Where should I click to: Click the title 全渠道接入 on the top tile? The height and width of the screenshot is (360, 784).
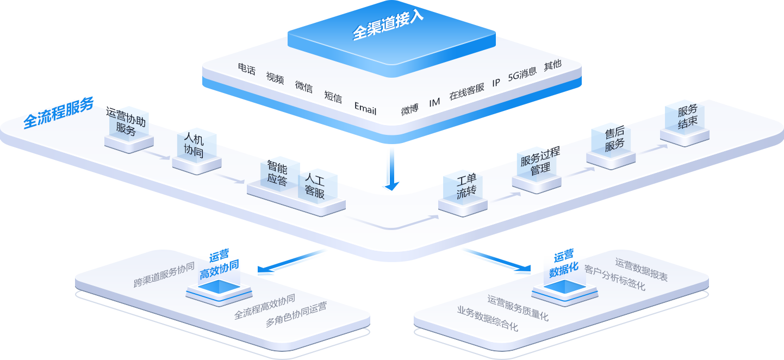388,25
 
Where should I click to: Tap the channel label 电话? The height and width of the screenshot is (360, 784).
246,69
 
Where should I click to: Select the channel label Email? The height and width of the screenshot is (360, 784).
365,108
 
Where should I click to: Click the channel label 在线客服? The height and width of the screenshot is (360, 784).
466,91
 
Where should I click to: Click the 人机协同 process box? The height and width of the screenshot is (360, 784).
194,145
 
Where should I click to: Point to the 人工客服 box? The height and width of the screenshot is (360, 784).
315,185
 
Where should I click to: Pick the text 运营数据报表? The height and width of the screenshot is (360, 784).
642,269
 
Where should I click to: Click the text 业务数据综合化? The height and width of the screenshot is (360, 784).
488,319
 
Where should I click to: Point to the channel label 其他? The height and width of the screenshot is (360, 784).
552,65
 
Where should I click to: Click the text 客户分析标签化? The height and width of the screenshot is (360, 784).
615,277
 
